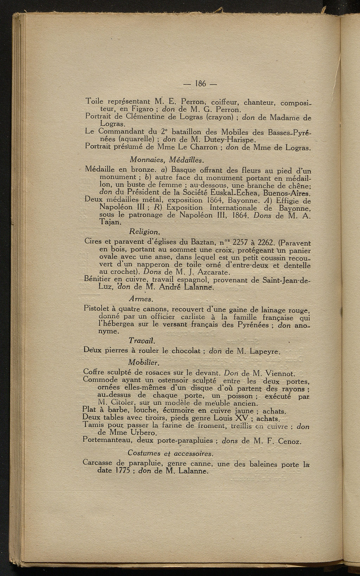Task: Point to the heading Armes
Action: pyautogui.click(x=141, y=299)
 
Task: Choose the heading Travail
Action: pyautogui.click(x=142, y=341)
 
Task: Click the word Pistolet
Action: pyautogui.click(x=98, y=309)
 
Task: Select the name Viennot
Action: pyautogui.click(x=279, y=373)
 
